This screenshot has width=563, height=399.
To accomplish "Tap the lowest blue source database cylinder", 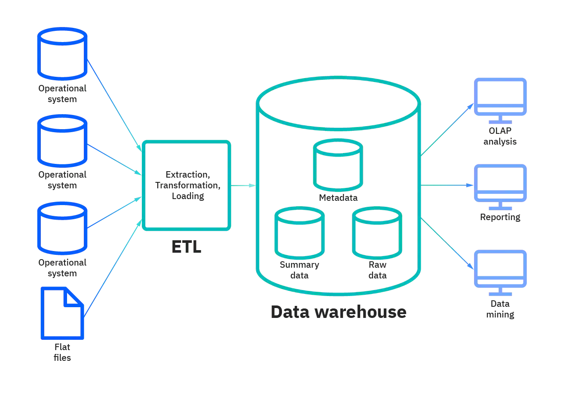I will (x=62, y=227).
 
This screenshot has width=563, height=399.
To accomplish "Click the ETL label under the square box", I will (x=187, y=248).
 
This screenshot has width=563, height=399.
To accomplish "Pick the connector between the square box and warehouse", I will (x=244, y=185).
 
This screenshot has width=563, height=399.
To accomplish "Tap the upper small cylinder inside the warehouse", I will (x=337, y=165).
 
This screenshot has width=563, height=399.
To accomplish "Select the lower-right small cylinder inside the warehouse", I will (x=377, y=232).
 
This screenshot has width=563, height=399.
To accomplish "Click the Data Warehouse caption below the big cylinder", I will (x=340, y=312).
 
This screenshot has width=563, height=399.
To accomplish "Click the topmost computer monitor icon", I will (x=500, y=97).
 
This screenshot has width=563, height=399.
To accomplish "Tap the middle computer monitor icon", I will (x=500, y=184).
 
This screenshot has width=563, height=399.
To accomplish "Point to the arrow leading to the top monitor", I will (x=447, y=129).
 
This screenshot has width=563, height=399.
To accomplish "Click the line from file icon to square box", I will (x=114, y=266).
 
